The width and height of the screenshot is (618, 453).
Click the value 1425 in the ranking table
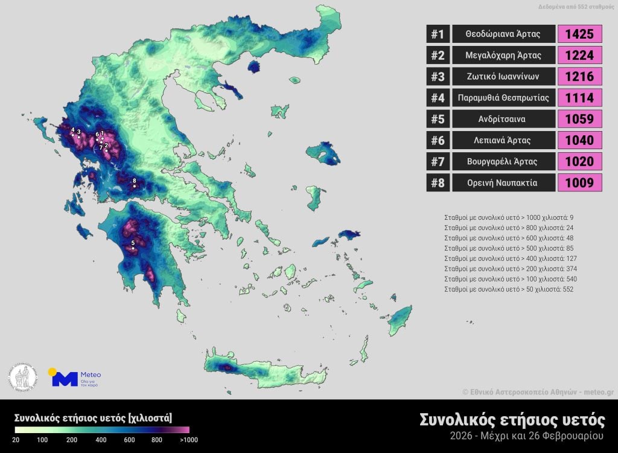click(x=580, y=34)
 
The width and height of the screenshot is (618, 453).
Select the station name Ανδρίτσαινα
click(x=503, y=119)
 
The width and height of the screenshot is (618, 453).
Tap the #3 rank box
click(x=438, y=77)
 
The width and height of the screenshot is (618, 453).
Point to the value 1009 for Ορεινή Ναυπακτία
click(x=580, y=182)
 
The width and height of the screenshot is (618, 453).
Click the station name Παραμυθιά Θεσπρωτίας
click(x=503, y=98)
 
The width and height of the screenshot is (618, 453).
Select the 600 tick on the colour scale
click(x=129, y=440)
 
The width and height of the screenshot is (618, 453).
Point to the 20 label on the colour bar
click(x=16, y=440)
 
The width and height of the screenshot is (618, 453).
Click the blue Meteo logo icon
click(x=63, y=378)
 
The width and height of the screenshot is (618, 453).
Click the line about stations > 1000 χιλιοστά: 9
click(x=509, y=217)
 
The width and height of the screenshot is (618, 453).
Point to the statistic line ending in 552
click(x=509, y=289)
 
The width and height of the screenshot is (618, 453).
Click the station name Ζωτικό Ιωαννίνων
click(x=503, y=77)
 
